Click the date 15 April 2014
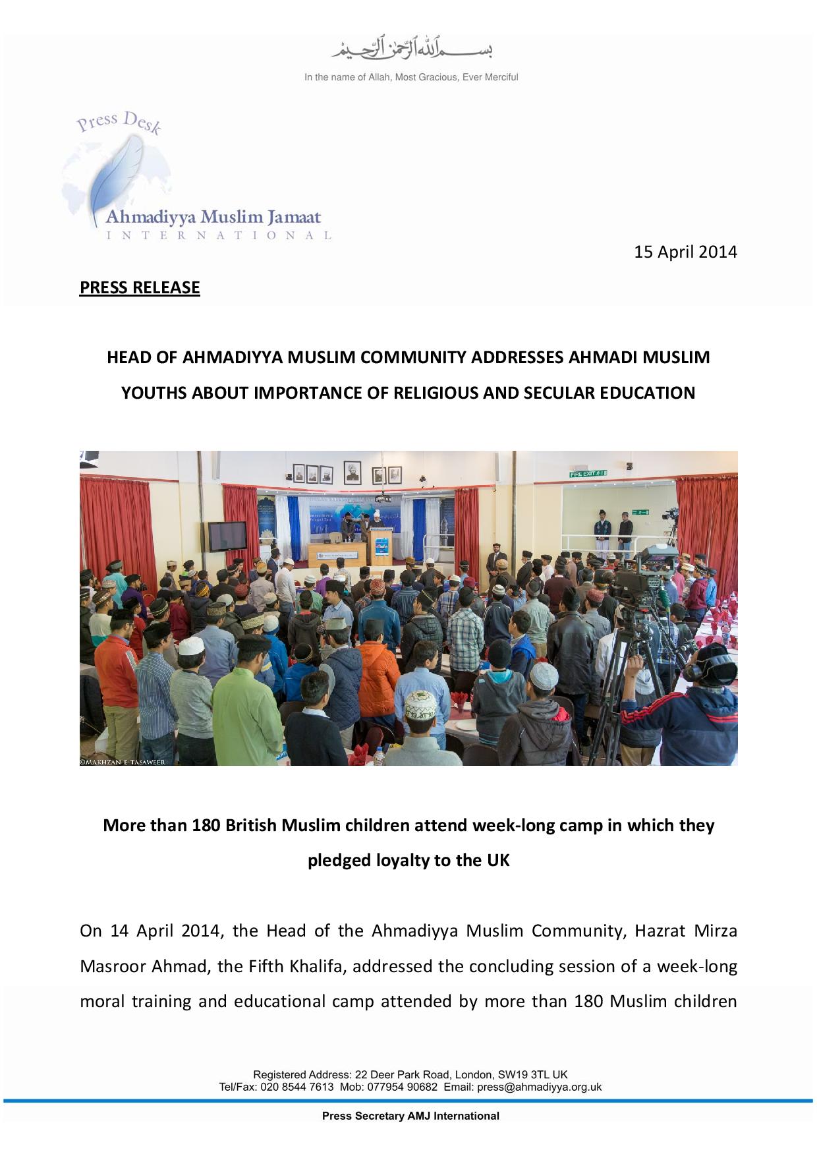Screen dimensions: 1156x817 click(x=685, y=252)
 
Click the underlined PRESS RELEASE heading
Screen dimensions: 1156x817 click(x=140, y=287)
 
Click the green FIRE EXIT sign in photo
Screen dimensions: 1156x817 click(x=588, y=473)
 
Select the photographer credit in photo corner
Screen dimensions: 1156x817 click(x=123, y=762)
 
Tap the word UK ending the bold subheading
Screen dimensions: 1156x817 click(x=499, y=861)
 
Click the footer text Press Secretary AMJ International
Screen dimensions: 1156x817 click(x=410, y=1116)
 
